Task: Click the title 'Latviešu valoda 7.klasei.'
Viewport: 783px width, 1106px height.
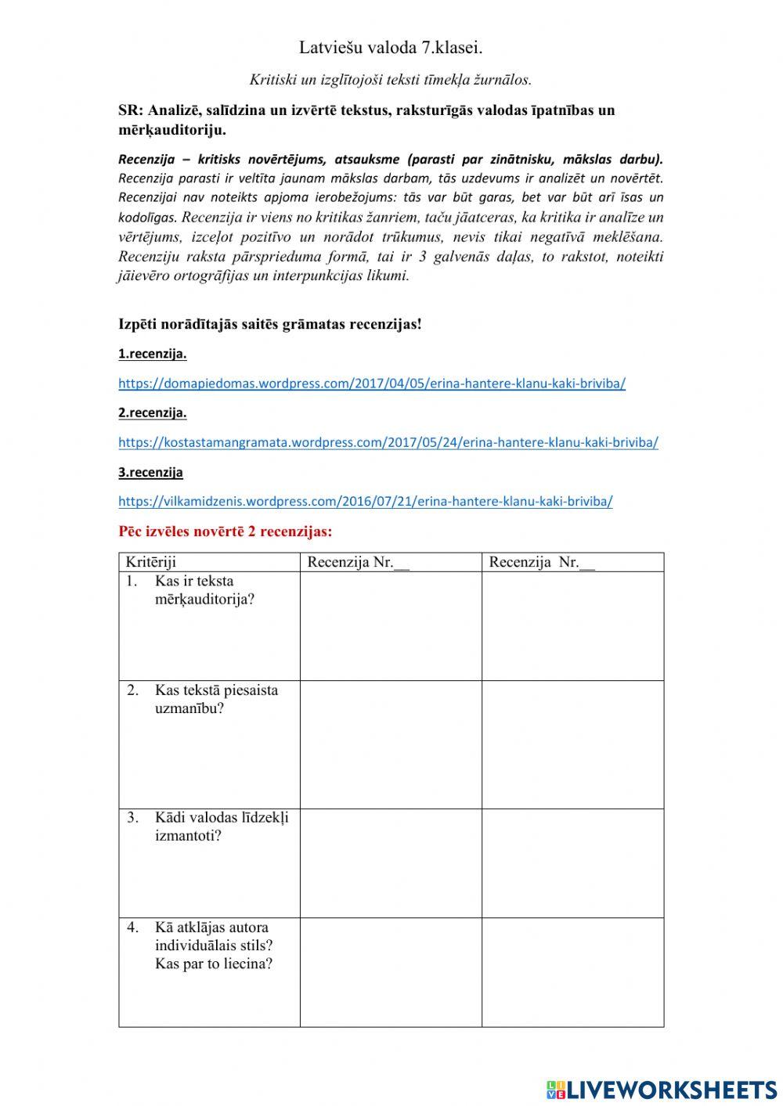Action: point(391,48)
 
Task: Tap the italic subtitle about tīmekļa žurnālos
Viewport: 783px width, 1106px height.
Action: point(391,79)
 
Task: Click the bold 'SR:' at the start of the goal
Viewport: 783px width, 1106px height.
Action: point(131,110)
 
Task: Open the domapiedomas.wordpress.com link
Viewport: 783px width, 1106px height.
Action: point(372,384)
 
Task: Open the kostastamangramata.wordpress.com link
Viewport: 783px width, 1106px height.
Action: point(388,442)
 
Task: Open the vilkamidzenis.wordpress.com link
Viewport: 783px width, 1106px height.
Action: point(366,501)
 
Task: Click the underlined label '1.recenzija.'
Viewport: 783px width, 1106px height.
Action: point(153,354)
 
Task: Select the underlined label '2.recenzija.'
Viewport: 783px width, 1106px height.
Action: point(153,412)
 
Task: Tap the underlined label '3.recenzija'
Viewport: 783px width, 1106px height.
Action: point(151,472)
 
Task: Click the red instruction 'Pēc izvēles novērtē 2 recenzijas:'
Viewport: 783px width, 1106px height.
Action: point(226,531)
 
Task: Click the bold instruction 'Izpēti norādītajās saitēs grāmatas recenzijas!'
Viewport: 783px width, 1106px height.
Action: point(270,324)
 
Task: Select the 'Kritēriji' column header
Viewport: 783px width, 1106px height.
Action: point(151,562)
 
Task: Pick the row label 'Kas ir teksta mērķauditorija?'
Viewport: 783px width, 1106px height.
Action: point(204,590)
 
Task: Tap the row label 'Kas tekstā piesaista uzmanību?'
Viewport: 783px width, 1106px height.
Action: point(215,699)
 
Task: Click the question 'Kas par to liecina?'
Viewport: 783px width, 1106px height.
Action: point(214,964)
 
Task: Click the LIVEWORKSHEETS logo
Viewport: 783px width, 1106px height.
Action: point(662,1089)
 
